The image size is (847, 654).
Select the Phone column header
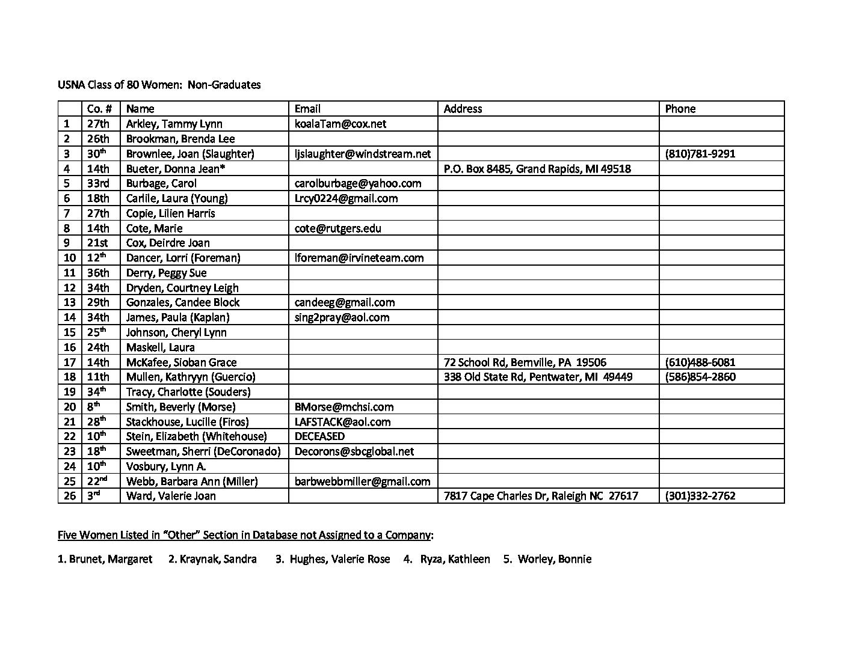click(680, 109)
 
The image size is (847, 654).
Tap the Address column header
click(463, 109)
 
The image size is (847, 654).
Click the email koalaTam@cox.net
click(340, 124)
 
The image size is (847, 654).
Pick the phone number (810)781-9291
click(700, 154)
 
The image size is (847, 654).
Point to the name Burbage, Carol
click(161, 183)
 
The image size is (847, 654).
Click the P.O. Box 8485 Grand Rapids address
click(537, 169)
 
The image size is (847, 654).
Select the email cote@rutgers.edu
click(337, 228)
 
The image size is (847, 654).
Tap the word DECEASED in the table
click(319, 436)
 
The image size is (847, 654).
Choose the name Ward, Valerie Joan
click(171, 496)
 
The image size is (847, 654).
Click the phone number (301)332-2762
click(700, 496)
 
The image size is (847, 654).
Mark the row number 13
click(70, 302)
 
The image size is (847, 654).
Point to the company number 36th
click(98, 273)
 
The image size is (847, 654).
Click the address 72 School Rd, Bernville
click(525, 362)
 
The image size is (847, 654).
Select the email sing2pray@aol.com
click(342, 317)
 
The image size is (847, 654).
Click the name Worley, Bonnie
click(554, 559)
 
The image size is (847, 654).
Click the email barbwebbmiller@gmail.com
click(362, 481)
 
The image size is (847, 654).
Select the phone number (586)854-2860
click(700, 377)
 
